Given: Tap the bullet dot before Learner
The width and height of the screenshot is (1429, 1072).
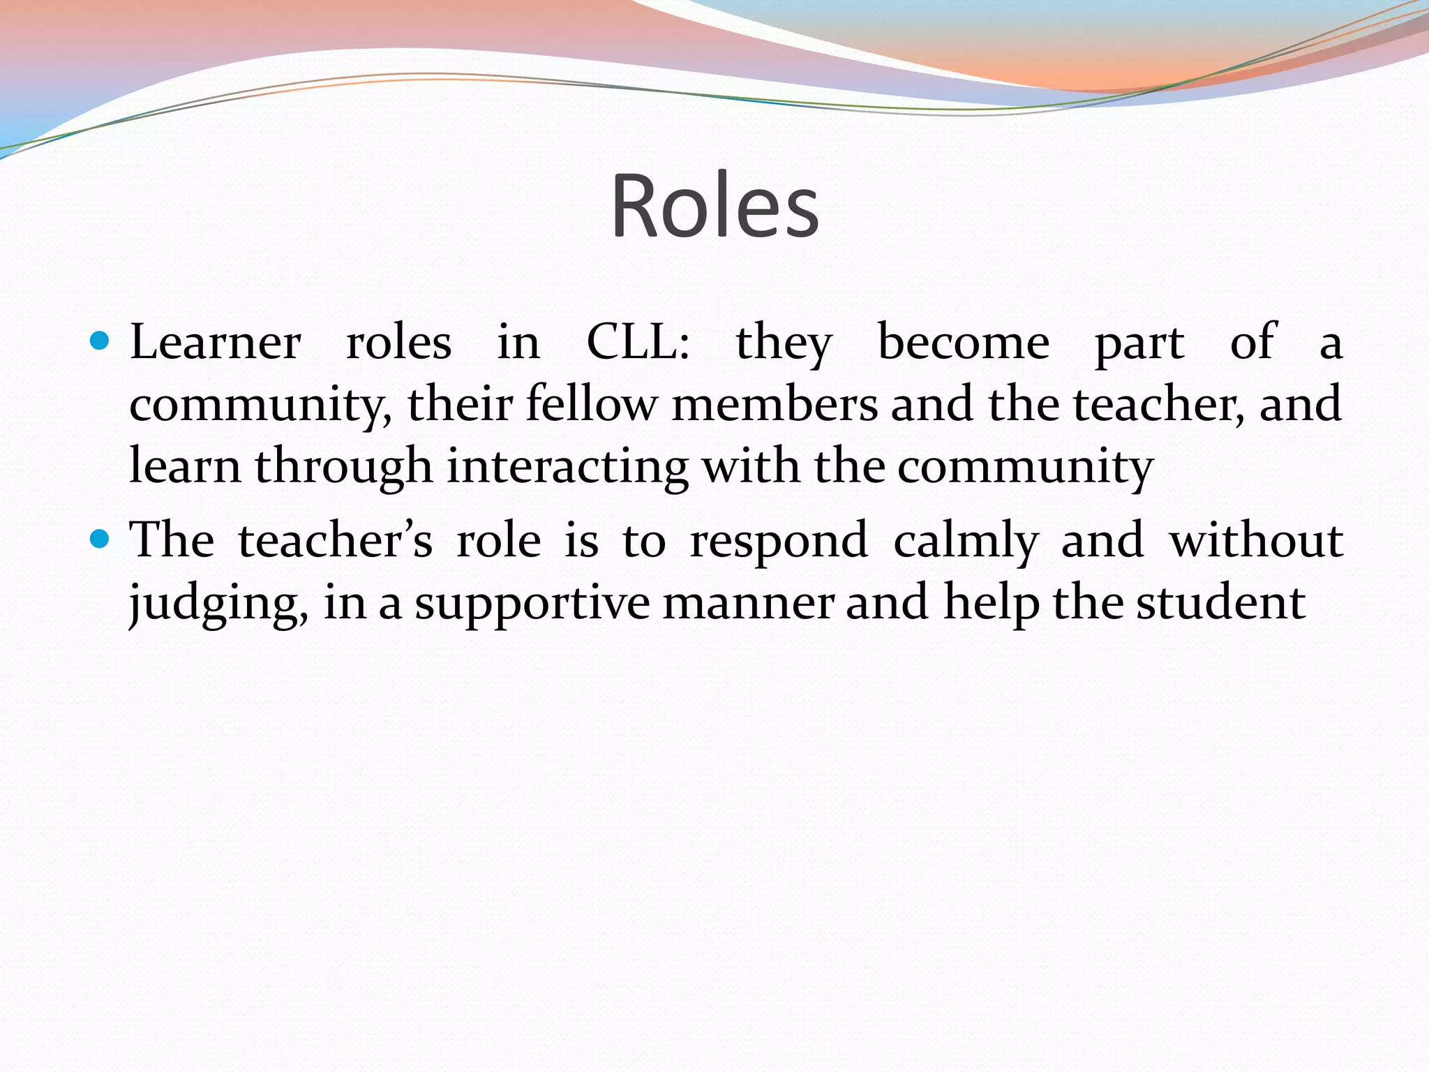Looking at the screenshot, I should click(x=100, y=341).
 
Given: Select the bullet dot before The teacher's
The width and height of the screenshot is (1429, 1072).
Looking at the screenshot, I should click(x=100, y=539).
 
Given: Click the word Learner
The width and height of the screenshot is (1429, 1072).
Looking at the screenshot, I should click(x=216, y=343).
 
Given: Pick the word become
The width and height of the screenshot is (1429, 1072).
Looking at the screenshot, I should click(x=963, y=343).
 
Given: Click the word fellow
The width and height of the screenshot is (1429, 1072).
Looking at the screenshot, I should click(x=591, y=404).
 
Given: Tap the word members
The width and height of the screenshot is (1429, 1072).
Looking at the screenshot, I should click(x=775, y=404).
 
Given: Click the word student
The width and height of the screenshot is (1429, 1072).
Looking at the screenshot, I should click(x=1220, y=602).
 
